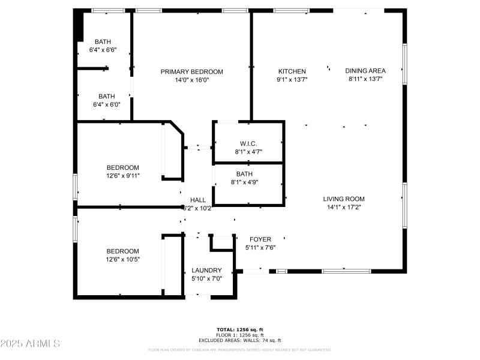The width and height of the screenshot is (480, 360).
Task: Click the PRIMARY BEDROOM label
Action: click(191, 72)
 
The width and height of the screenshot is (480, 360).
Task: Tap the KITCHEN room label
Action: click(292, 71)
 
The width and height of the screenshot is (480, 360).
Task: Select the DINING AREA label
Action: click(365, 71)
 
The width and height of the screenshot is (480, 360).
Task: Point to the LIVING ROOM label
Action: click(344, 199)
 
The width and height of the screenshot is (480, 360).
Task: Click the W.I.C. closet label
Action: click(248, 143)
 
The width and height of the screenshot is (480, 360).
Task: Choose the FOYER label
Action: click(260, 239)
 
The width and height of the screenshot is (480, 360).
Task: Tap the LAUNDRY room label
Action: click(206, 271)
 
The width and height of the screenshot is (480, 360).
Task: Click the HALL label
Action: click(198, 200)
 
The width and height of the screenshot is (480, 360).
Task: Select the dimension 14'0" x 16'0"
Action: click(191, 80)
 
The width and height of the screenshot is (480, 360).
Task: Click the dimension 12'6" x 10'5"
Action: click(122, 259)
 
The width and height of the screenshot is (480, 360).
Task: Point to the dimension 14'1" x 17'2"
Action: click(344, 207)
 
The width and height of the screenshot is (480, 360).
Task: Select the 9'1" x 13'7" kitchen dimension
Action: click(292, 79)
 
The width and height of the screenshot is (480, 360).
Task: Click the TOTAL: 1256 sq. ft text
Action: click(240, 329)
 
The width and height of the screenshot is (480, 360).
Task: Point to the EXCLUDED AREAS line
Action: click(240, 340)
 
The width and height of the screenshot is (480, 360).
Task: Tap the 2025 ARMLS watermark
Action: click(30, 344)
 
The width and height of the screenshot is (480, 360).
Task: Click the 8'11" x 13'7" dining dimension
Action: click(365, 79)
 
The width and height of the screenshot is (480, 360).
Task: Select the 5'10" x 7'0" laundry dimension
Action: click(206, 278)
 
